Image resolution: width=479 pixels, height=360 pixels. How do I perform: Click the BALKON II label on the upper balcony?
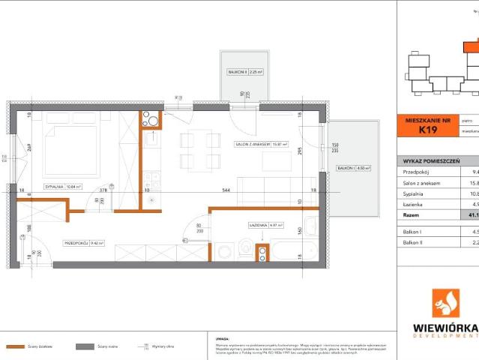tap(237, 72)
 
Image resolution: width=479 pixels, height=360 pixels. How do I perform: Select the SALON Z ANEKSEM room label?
tap(251, 144)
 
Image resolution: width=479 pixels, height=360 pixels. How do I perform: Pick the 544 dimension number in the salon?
tap(226, 191)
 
